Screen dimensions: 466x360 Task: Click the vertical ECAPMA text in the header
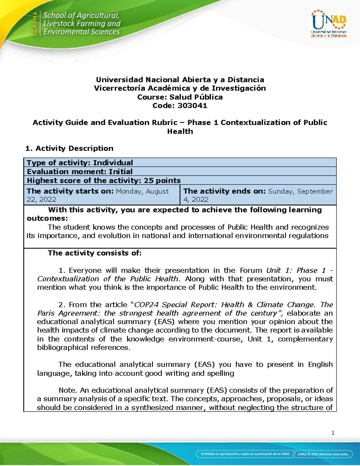(x=35, y=24)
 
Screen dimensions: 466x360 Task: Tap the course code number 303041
(x=192, y=106)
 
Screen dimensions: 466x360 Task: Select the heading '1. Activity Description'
(x=69, y=148)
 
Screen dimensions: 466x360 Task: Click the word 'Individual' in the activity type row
(x=113, y=163)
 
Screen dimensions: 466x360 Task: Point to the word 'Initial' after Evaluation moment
(x=120, y=172)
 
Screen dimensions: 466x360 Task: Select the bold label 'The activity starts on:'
(x=70, y=191)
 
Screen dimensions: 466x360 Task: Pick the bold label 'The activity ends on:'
(x=225, y=191)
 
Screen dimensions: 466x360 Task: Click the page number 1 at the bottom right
(x=333, y=433)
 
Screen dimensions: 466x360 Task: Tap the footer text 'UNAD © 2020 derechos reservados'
(x=323, y=454)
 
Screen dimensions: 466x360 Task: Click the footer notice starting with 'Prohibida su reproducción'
(x=245, y=454)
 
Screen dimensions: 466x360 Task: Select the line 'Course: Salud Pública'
(x=180, y=97)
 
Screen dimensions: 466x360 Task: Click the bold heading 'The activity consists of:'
(x=94, y=253)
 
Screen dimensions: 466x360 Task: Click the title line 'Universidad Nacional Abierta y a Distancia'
(x=180, y=80)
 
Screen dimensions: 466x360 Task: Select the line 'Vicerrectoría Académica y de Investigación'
(x=180, y=88)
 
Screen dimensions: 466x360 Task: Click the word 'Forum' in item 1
(x=251, y=270)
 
